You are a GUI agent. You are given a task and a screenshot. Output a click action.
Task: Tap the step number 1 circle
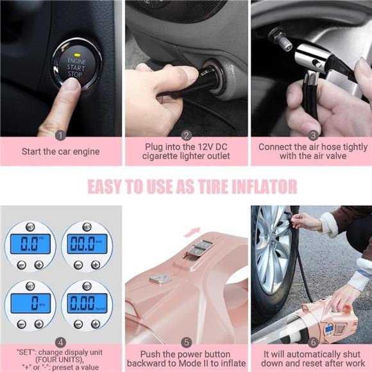(x=60, y=135)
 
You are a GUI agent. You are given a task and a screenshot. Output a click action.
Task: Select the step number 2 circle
(x=187, y=135)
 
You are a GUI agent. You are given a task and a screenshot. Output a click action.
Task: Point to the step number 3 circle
(x=313, y=135)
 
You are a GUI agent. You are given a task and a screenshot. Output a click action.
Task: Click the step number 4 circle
(x=60, y=342)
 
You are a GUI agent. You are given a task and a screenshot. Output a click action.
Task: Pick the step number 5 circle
(x=187, y=342)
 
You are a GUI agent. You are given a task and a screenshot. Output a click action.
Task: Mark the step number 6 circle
(x=313, y=342)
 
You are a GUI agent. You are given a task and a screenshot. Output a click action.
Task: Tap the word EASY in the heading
(x=108, y=187)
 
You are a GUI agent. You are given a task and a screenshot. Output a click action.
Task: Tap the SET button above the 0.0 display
(x=30, y=227)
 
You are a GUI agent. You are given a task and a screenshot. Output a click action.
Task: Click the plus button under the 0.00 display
(x=95, y=324)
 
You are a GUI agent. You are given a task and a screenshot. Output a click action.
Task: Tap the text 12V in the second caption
(x=193, y=147)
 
